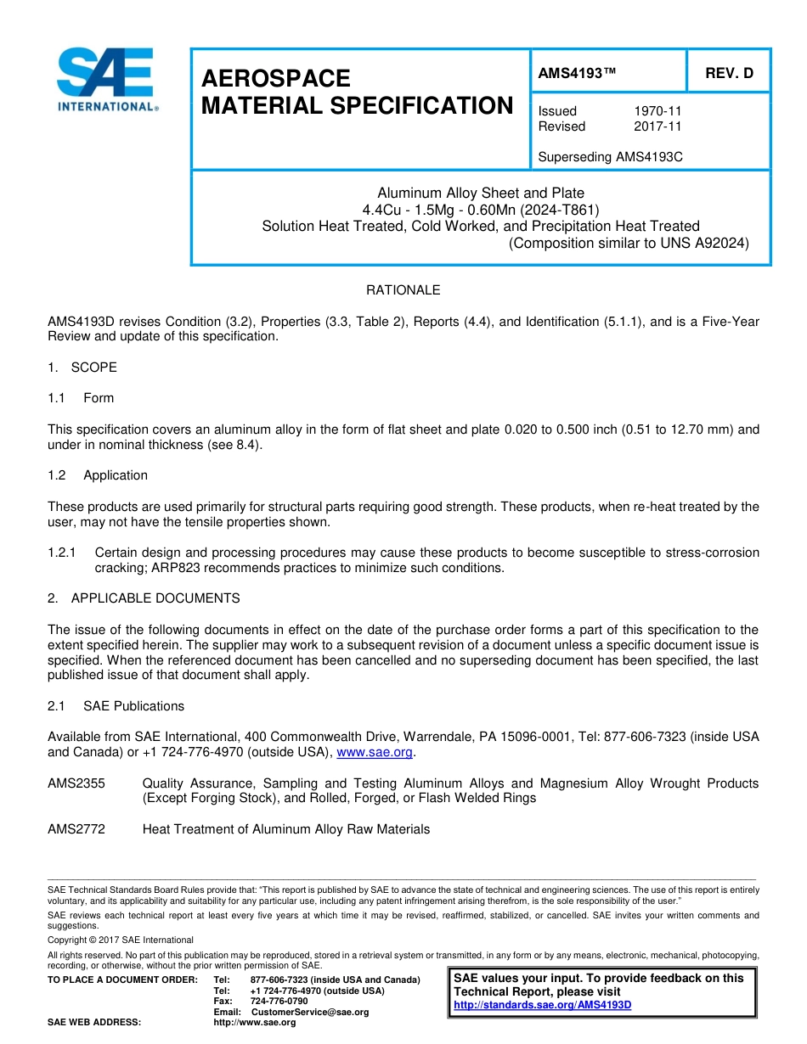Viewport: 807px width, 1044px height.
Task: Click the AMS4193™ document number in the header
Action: (x=577, y=73)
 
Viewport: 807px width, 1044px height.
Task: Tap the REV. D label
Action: (x=729, y=73)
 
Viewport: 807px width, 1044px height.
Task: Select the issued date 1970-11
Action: (x=657, y=111)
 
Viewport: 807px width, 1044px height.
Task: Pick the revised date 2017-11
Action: (x=657, y=126)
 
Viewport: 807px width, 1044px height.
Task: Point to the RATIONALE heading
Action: (x=403, y=290)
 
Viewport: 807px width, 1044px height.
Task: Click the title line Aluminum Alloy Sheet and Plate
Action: (x=481, y=193)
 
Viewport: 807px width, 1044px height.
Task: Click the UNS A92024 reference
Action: (x=710, y=243)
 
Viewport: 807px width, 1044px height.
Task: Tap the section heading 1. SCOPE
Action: (x=82, y=368)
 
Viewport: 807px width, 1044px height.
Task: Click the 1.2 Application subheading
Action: (x=98, y=475)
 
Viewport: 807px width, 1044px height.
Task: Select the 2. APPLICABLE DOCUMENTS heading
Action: (x=144, y=598)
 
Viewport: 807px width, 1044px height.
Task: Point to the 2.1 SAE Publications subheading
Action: (x=116, y=706)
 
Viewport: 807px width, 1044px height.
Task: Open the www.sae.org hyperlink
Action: (x=375, y=752)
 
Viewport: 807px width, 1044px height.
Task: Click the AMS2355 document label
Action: (x=76, y=783)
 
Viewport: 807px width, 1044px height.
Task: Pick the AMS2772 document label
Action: (x=76, y=829)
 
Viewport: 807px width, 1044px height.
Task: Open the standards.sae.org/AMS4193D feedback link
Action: (x=543, y=1005)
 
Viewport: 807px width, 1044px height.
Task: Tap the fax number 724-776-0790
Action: (x=279, y=1002)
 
